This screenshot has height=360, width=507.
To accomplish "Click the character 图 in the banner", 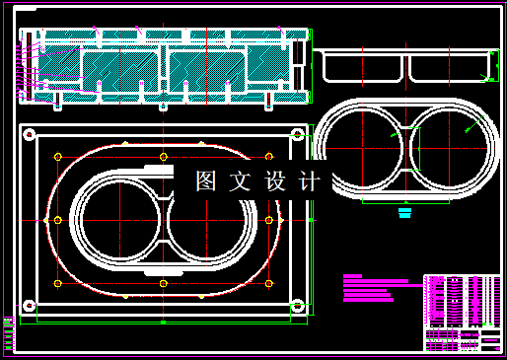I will [x=205, y=181].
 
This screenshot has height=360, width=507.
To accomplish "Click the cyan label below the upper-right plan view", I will [x=402, y=211].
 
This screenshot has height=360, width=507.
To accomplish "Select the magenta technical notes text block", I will [x=375, y=287].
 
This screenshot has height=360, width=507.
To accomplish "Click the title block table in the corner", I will [x=463, y=313].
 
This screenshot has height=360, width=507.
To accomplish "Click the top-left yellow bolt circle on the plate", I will [x=60, y=156].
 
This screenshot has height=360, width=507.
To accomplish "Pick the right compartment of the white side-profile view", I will [x=448, y=67].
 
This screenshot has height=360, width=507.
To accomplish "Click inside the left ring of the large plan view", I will [x=116, y=220].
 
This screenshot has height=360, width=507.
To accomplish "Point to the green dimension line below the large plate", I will [x=163, y=322].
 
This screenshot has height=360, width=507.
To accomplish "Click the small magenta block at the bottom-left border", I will [x=9, y=333].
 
